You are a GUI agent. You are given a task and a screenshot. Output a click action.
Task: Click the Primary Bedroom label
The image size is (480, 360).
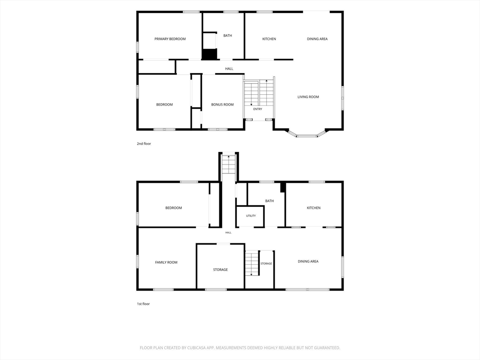click(x=170, y=39)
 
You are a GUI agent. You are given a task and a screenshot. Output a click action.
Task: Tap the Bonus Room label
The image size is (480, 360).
click(x=222, y=105)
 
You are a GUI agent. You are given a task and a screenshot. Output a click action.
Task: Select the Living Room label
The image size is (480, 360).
click(x=308, y=97)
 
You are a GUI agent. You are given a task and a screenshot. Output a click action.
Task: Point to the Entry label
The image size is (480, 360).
click(x=258, y=109)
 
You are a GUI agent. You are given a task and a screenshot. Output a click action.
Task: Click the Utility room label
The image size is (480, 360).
click(x=251, y=216)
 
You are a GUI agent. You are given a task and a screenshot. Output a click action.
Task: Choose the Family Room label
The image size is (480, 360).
click(x=166, y=262)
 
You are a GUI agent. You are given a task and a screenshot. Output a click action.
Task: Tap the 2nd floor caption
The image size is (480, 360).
click(x=144, y=143)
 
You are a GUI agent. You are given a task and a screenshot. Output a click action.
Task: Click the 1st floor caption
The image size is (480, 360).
click(x=143, y=304)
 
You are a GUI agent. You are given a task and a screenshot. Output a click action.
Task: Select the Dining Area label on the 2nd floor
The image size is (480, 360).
click(x=317, y=39)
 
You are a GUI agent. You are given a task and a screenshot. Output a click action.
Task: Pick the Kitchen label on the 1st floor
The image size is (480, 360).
click(x=314, y=208)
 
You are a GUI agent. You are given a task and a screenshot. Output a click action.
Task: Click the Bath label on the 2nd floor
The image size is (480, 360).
click(x=227, y=36)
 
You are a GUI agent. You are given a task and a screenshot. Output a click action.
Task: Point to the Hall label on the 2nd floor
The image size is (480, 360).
click(x=229, y=69)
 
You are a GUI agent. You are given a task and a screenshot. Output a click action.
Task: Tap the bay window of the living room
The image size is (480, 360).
click(x=307, y=134)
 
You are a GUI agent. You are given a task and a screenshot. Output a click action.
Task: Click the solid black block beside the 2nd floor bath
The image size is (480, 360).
click(x=210, y=54)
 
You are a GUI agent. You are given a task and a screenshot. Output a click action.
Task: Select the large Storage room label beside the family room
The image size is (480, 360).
click(x=220, y=270)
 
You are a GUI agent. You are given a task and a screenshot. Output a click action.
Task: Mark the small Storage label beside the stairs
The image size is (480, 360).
click(x=266, y=263)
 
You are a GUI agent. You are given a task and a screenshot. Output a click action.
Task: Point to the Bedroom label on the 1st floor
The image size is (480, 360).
click(x=173, y=208)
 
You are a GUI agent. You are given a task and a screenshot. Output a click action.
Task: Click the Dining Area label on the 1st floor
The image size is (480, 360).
click(x=308, y=262)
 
